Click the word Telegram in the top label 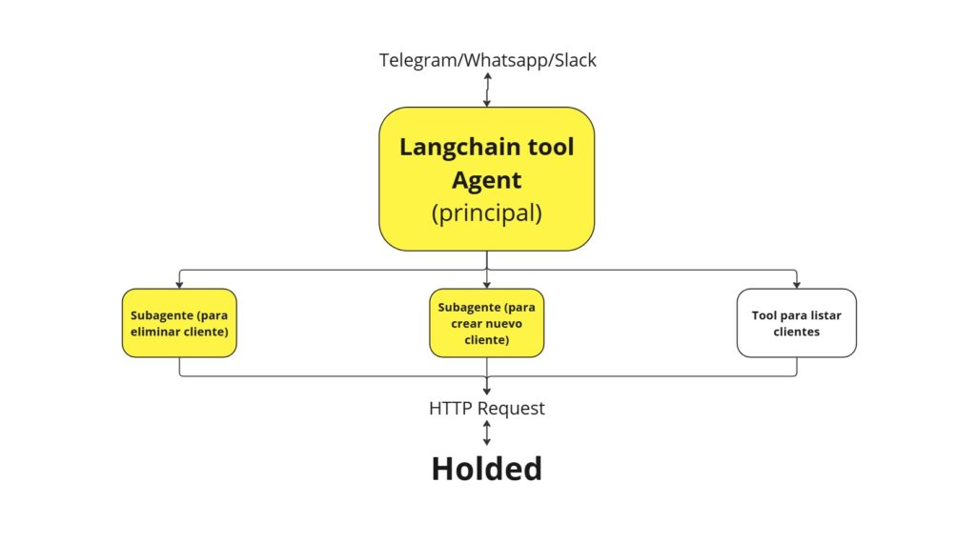click(418, 61)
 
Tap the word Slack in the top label click(575, 60)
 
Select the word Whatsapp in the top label click(506, 61)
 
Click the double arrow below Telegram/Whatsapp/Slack click(487, 90)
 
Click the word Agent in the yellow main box click(487, 181)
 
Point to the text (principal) click(487, 213)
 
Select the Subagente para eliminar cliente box click(179, 323)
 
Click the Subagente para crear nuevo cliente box click(487, 323)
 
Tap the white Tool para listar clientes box click(797, 323)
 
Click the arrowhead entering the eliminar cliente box click(179, 285)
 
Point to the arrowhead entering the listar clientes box click(797, 285)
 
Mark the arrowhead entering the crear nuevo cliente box click(487, 285)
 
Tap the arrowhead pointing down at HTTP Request click(487, 391)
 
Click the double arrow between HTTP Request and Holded click(487, 433)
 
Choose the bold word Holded click(487, 469)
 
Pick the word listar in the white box click(826, 315)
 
